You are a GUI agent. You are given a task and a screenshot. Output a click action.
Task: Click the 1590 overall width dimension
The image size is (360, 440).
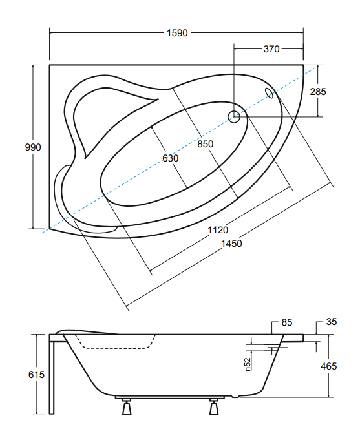pyautogui.click(x=177, y=33)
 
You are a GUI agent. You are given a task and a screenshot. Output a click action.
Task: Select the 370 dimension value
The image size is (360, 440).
pyautogui.click(x=271, y=49)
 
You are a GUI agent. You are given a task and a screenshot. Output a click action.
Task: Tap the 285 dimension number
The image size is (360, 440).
pyautogui.click(x=318, y=92)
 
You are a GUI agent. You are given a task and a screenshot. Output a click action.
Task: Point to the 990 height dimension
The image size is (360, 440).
pyautogui.click(x=33, y=147)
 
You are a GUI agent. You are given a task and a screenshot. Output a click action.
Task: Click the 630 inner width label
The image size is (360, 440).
pyautogui.click(x=170, y=158)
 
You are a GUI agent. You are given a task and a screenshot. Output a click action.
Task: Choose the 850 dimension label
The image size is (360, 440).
pyautogui.click(x=206, y=144)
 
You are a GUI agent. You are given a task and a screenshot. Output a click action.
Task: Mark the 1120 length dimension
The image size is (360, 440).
pyautogui.click(x=218, y=230)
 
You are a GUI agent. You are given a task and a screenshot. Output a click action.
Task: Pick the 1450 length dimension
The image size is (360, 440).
pyautogui.click(x=231, y=244)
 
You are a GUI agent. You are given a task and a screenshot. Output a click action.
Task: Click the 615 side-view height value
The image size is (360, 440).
pyautogui.click(x=36, y=375)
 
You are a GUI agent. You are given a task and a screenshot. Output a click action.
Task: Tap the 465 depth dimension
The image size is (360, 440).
pyautogui.click(x=328, y=366)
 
